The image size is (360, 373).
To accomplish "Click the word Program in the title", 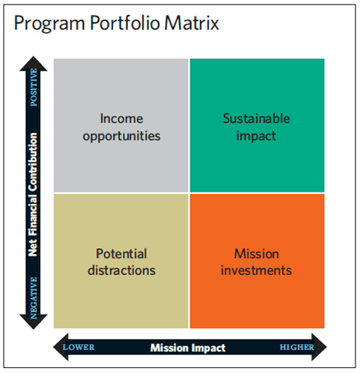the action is point(49,24).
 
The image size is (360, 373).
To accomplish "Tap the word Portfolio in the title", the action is point(125,22).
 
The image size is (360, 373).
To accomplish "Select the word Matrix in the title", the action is point(192,22).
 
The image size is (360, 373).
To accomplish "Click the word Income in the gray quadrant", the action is point(121,118).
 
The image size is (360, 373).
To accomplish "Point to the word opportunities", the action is point(121,137).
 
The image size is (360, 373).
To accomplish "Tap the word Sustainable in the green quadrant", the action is point(257,118).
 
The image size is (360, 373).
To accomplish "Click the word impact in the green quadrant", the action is point(256,137).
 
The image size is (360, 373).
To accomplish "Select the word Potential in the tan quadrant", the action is point(121,253).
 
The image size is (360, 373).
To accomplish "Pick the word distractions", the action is point(121,270).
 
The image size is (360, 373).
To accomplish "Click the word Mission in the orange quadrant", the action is point(257,254).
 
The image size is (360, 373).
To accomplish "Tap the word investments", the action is point(257,270).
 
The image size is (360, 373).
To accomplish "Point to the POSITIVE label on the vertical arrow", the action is point(33,88).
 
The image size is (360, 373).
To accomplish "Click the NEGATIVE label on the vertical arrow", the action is point(33,298).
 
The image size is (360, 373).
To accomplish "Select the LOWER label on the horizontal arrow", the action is point(79,347).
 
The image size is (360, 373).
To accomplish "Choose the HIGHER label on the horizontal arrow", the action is point(297,347).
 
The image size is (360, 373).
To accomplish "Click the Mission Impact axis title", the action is point(188,348).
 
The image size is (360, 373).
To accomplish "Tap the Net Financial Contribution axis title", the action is point(33,195).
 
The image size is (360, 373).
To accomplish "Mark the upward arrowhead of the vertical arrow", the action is point(33,64).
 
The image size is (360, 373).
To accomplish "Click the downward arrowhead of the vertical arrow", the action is point(33,322).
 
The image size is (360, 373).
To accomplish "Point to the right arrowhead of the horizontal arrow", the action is point(319,347).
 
